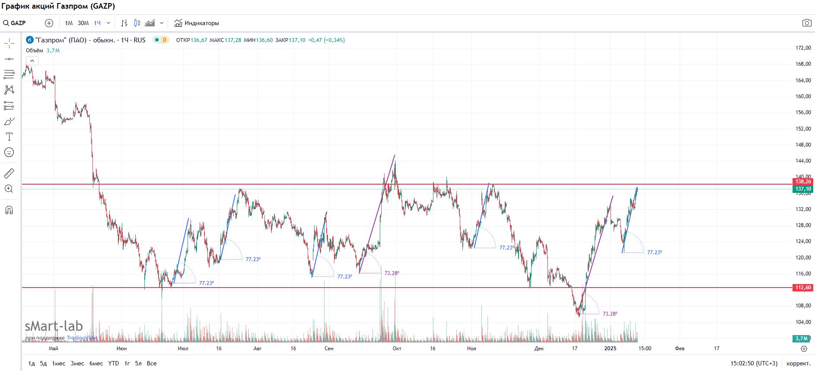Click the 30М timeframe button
click(83, 23)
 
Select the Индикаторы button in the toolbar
click(197, 23)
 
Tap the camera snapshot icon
click(806, 23)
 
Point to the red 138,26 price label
click(803, 182)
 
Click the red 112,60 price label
click(803, 288)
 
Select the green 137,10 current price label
click(803, 189)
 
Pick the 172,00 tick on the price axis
click(803, 48)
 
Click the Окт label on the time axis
click(397, 349)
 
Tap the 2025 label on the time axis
click(610, 349)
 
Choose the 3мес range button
click(77, 364)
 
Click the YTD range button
click(113, 364)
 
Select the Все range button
click(152, 364)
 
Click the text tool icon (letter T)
click(9, 137)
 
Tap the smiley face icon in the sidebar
click(9, 152)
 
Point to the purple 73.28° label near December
click(610, 314)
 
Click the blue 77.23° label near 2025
click(654, 253)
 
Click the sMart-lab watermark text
click(54, 326)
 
